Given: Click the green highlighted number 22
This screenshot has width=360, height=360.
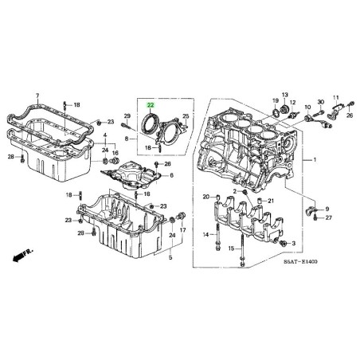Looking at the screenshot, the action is coord(151,105).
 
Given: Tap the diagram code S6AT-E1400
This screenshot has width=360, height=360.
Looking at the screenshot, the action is coord(300,262).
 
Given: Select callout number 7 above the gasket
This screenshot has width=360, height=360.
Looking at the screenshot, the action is coord(37,96).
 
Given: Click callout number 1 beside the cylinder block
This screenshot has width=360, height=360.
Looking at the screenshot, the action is coord(315,160).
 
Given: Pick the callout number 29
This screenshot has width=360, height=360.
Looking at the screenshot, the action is coord(127,115).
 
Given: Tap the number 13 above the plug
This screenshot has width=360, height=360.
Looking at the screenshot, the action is coord(285,95).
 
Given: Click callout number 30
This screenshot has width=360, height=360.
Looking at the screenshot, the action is coord(321,102).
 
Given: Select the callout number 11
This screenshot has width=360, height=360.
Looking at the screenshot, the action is coord(336,97).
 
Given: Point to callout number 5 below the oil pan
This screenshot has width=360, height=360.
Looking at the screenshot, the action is coord(170,257).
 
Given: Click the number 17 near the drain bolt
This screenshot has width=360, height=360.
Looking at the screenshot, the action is coord(182,230).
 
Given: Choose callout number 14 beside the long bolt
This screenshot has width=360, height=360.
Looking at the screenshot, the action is coord(206,234).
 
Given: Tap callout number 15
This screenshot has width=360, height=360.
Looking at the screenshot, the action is coord(231,248).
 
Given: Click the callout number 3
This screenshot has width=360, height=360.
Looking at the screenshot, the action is coord(293,243).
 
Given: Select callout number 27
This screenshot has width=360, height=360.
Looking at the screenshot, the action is coord(329,217).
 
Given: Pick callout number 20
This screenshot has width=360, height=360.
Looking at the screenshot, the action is coord(206,197).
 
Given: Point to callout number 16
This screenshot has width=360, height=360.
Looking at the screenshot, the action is coord(115,153).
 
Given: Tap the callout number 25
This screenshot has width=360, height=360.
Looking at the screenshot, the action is coord(186,116).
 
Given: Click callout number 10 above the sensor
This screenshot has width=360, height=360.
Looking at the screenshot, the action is coord(307,107).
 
